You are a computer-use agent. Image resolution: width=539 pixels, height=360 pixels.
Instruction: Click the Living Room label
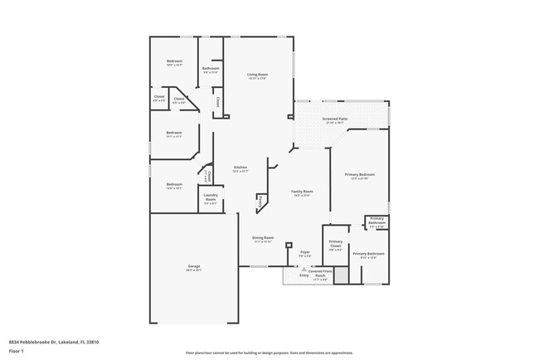coord(257,75)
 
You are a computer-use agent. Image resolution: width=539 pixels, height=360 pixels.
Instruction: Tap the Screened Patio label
coord(335,119)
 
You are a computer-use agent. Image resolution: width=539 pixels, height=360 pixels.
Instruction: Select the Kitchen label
coord(240,168)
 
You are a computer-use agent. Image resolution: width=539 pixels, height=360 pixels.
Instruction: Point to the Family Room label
coord(302,192)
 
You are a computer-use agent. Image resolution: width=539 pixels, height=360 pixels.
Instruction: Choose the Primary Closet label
coord(335,245)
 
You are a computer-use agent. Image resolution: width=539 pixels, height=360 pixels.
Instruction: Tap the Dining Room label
coord(263,238)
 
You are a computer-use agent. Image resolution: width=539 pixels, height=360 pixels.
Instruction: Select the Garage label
coord(194,266)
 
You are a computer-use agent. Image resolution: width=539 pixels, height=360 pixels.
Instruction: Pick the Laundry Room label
coord(211,199)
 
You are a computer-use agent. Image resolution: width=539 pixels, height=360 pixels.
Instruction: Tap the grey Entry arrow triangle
coord(301,269)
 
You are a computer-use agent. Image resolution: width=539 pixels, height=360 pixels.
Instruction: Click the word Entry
coord(293,275)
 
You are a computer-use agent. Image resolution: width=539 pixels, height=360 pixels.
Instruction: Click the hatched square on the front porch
coord(339,275)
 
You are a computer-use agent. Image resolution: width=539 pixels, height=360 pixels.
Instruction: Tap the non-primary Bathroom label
coord(210,69)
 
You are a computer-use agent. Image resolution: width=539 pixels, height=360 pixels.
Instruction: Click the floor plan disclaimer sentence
coord(269,353)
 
